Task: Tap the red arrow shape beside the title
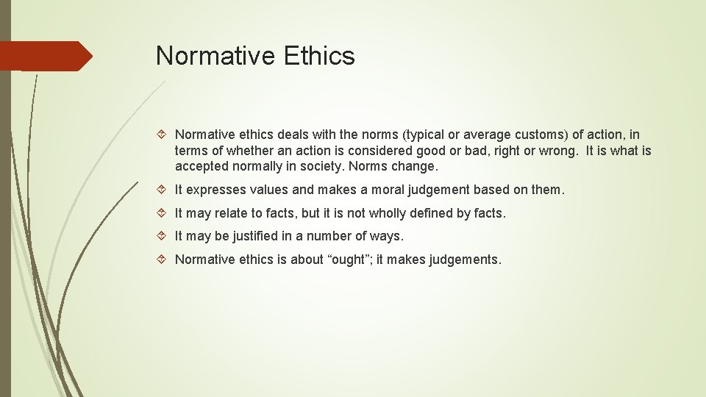46,56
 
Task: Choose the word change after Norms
418,165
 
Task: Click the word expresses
215,190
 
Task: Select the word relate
230,213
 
